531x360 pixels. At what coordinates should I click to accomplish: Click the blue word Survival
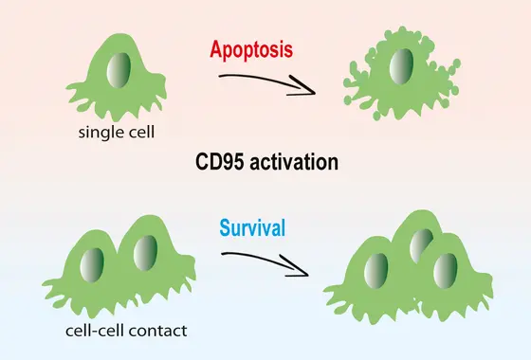253,227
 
